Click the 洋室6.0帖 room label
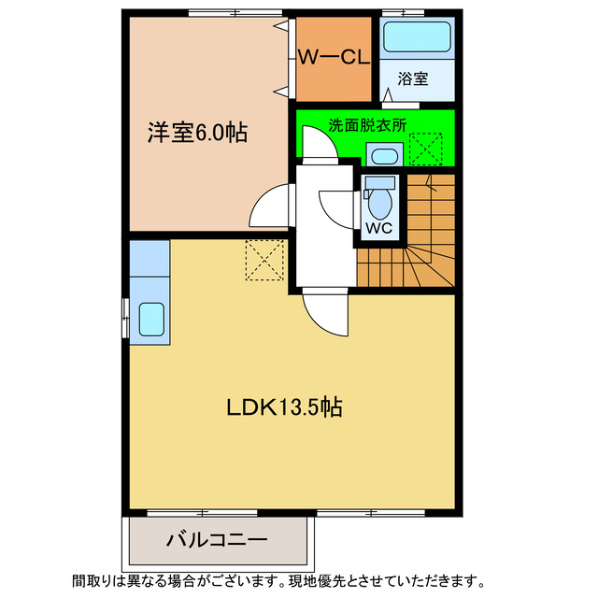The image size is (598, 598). coord(197,133)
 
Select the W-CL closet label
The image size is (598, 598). coord(334,57)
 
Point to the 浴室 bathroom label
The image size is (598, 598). coord(413,78)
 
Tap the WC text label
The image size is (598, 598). coord(378,227)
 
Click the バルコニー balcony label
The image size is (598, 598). coord(218,539)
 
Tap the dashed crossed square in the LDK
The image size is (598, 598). coord(264,258)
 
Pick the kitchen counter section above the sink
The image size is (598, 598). coord(149,260)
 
